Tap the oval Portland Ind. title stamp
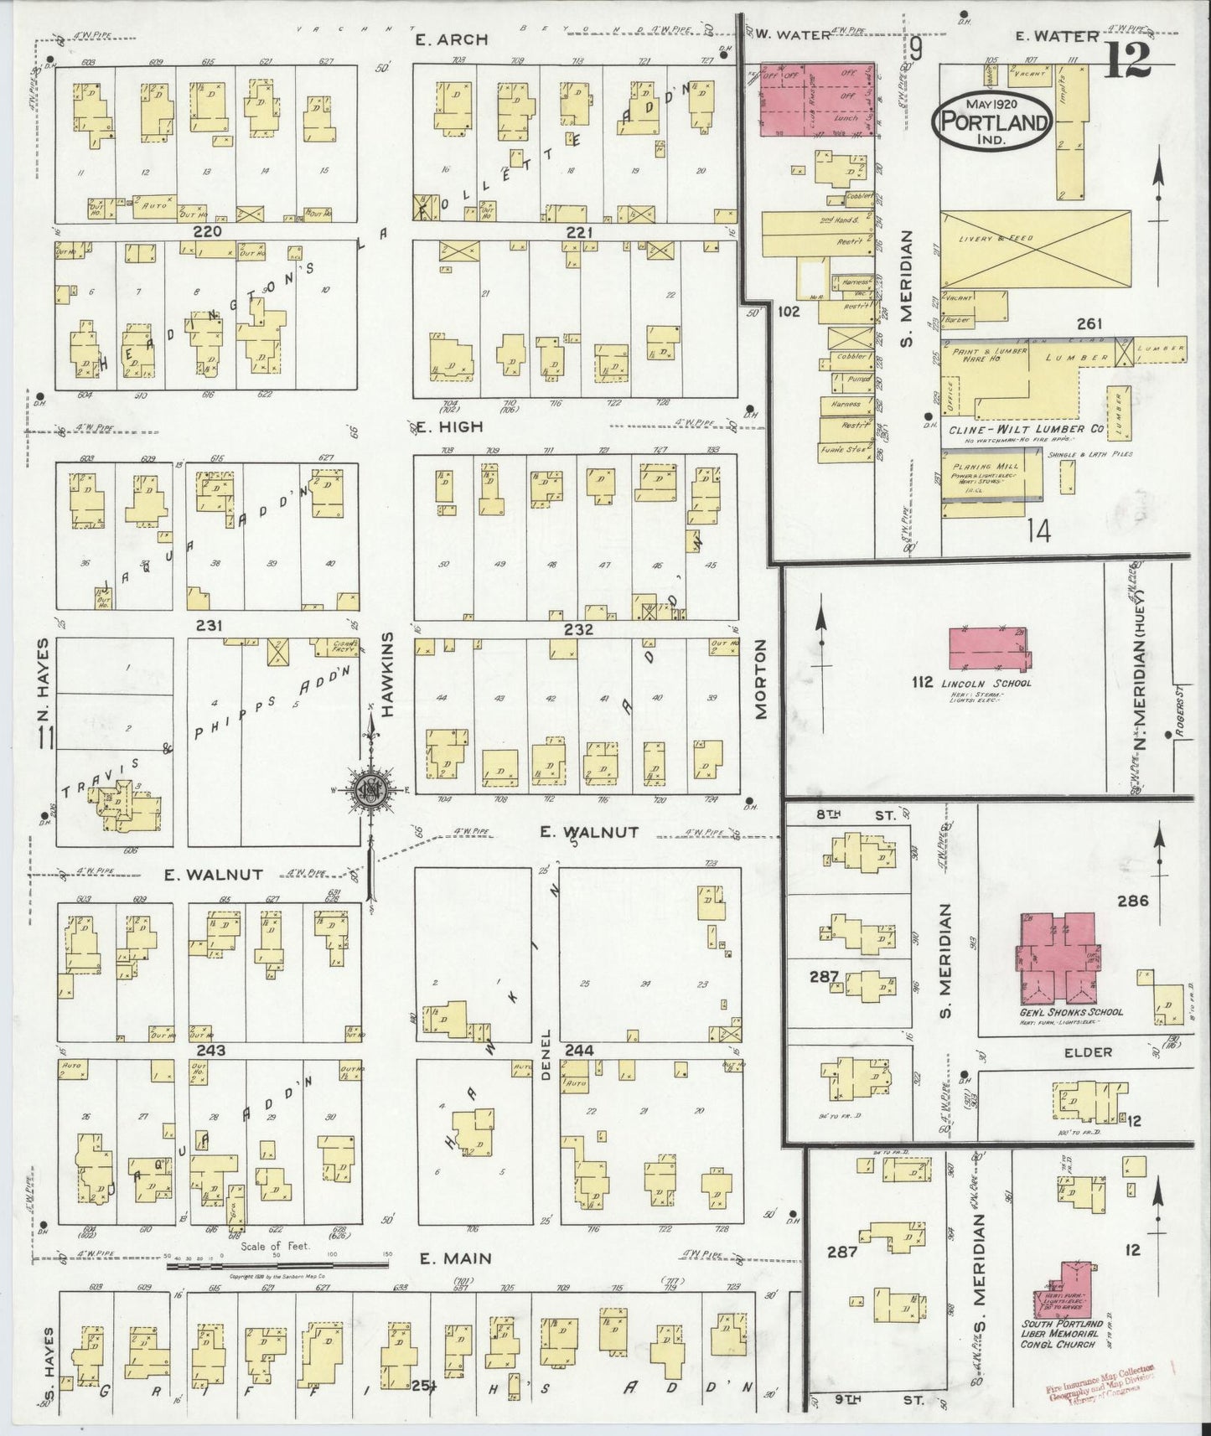993,122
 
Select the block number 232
578,629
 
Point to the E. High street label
450,426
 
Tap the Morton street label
761,679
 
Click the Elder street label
1089,1052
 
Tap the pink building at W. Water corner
817,99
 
